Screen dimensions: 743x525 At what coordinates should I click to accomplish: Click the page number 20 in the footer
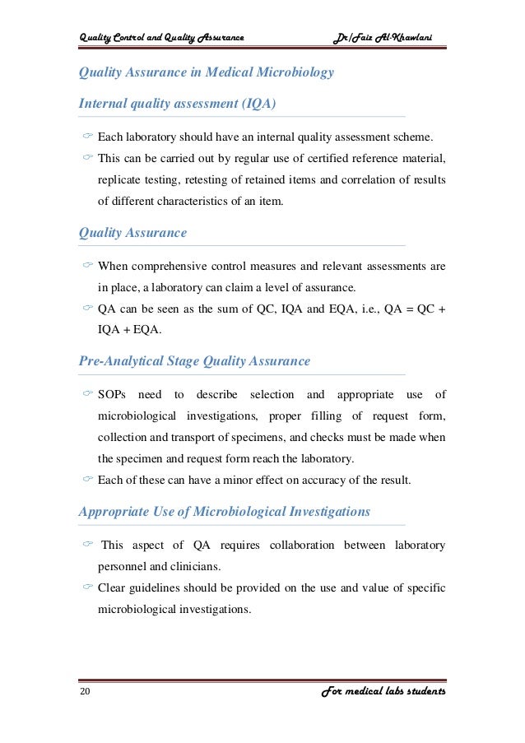tap(85, 692)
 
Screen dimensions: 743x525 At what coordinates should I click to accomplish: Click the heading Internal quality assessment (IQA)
tap(177, 104)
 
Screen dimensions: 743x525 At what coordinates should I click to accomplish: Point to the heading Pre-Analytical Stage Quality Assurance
tap(194, 360)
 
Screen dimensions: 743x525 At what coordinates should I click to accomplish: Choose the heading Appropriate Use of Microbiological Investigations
tap(224, 512)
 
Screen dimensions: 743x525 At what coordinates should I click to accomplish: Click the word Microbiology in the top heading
tap(293, 72)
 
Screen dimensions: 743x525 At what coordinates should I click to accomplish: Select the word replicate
tap(120, 178)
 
